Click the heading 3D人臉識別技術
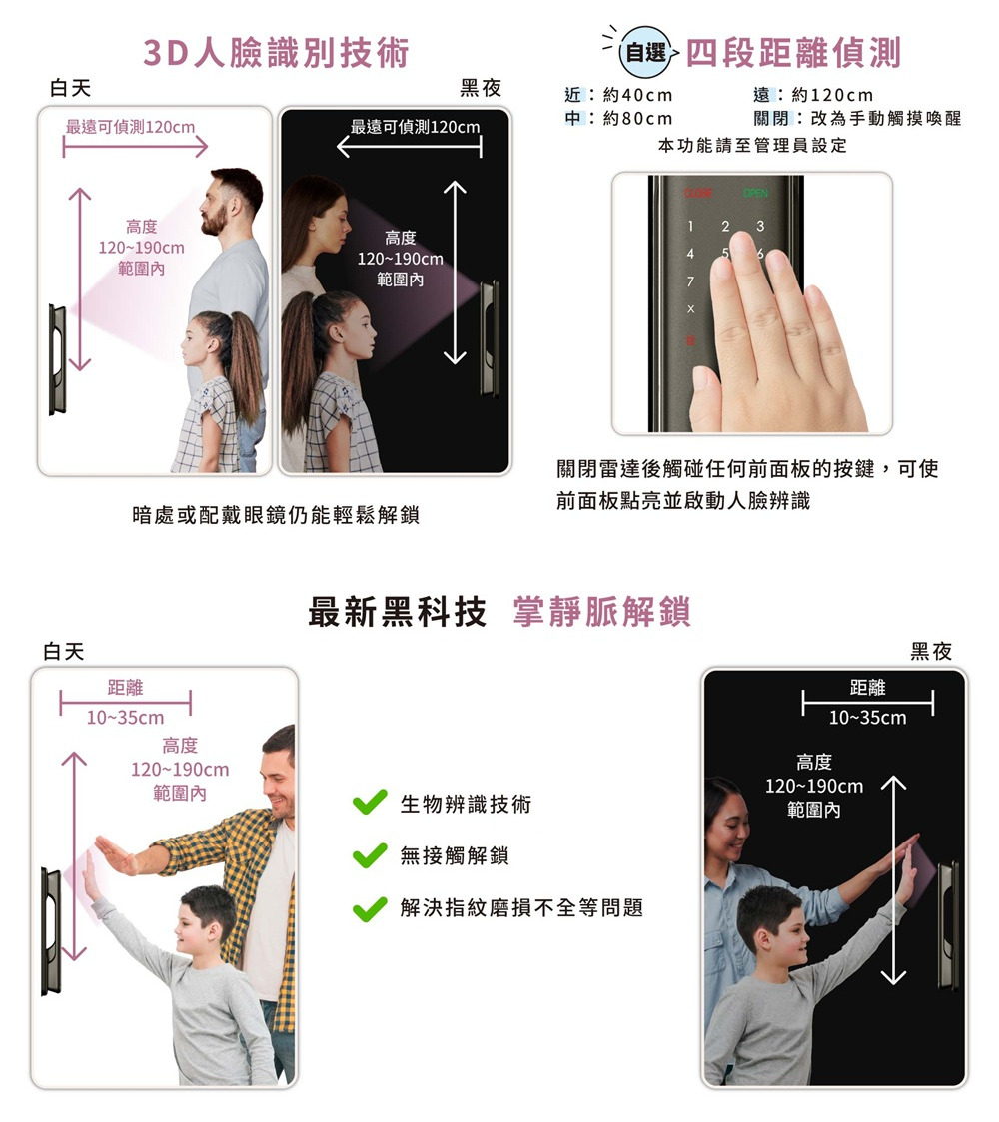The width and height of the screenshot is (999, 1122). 276,53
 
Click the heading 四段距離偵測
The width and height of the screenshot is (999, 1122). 793,53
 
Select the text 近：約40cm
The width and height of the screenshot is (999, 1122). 618,95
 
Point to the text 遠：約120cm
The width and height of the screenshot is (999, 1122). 813,95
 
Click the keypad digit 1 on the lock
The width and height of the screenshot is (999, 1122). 690,227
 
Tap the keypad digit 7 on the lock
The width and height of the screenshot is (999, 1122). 690,281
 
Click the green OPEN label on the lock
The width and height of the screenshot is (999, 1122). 755,194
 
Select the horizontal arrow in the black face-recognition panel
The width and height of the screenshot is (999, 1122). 410,147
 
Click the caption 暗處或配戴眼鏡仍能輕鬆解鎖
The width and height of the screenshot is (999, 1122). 276,514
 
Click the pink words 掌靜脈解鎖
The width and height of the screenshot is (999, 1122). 602,612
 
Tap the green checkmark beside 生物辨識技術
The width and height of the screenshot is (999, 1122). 370,803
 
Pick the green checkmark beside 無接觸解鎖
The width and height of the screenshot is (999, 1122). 370,854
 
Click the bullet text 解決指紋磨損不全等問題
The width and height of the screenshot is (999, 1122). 522,907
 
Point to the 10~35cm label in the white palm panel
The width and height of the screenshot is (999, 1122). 125,717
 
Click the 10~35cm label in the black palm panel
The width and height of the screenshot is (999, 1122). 868,717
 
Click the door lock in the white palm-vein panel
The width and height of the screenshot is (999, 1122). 51,931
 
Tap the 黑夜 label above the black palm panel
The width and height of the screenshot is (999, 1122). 931,651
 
